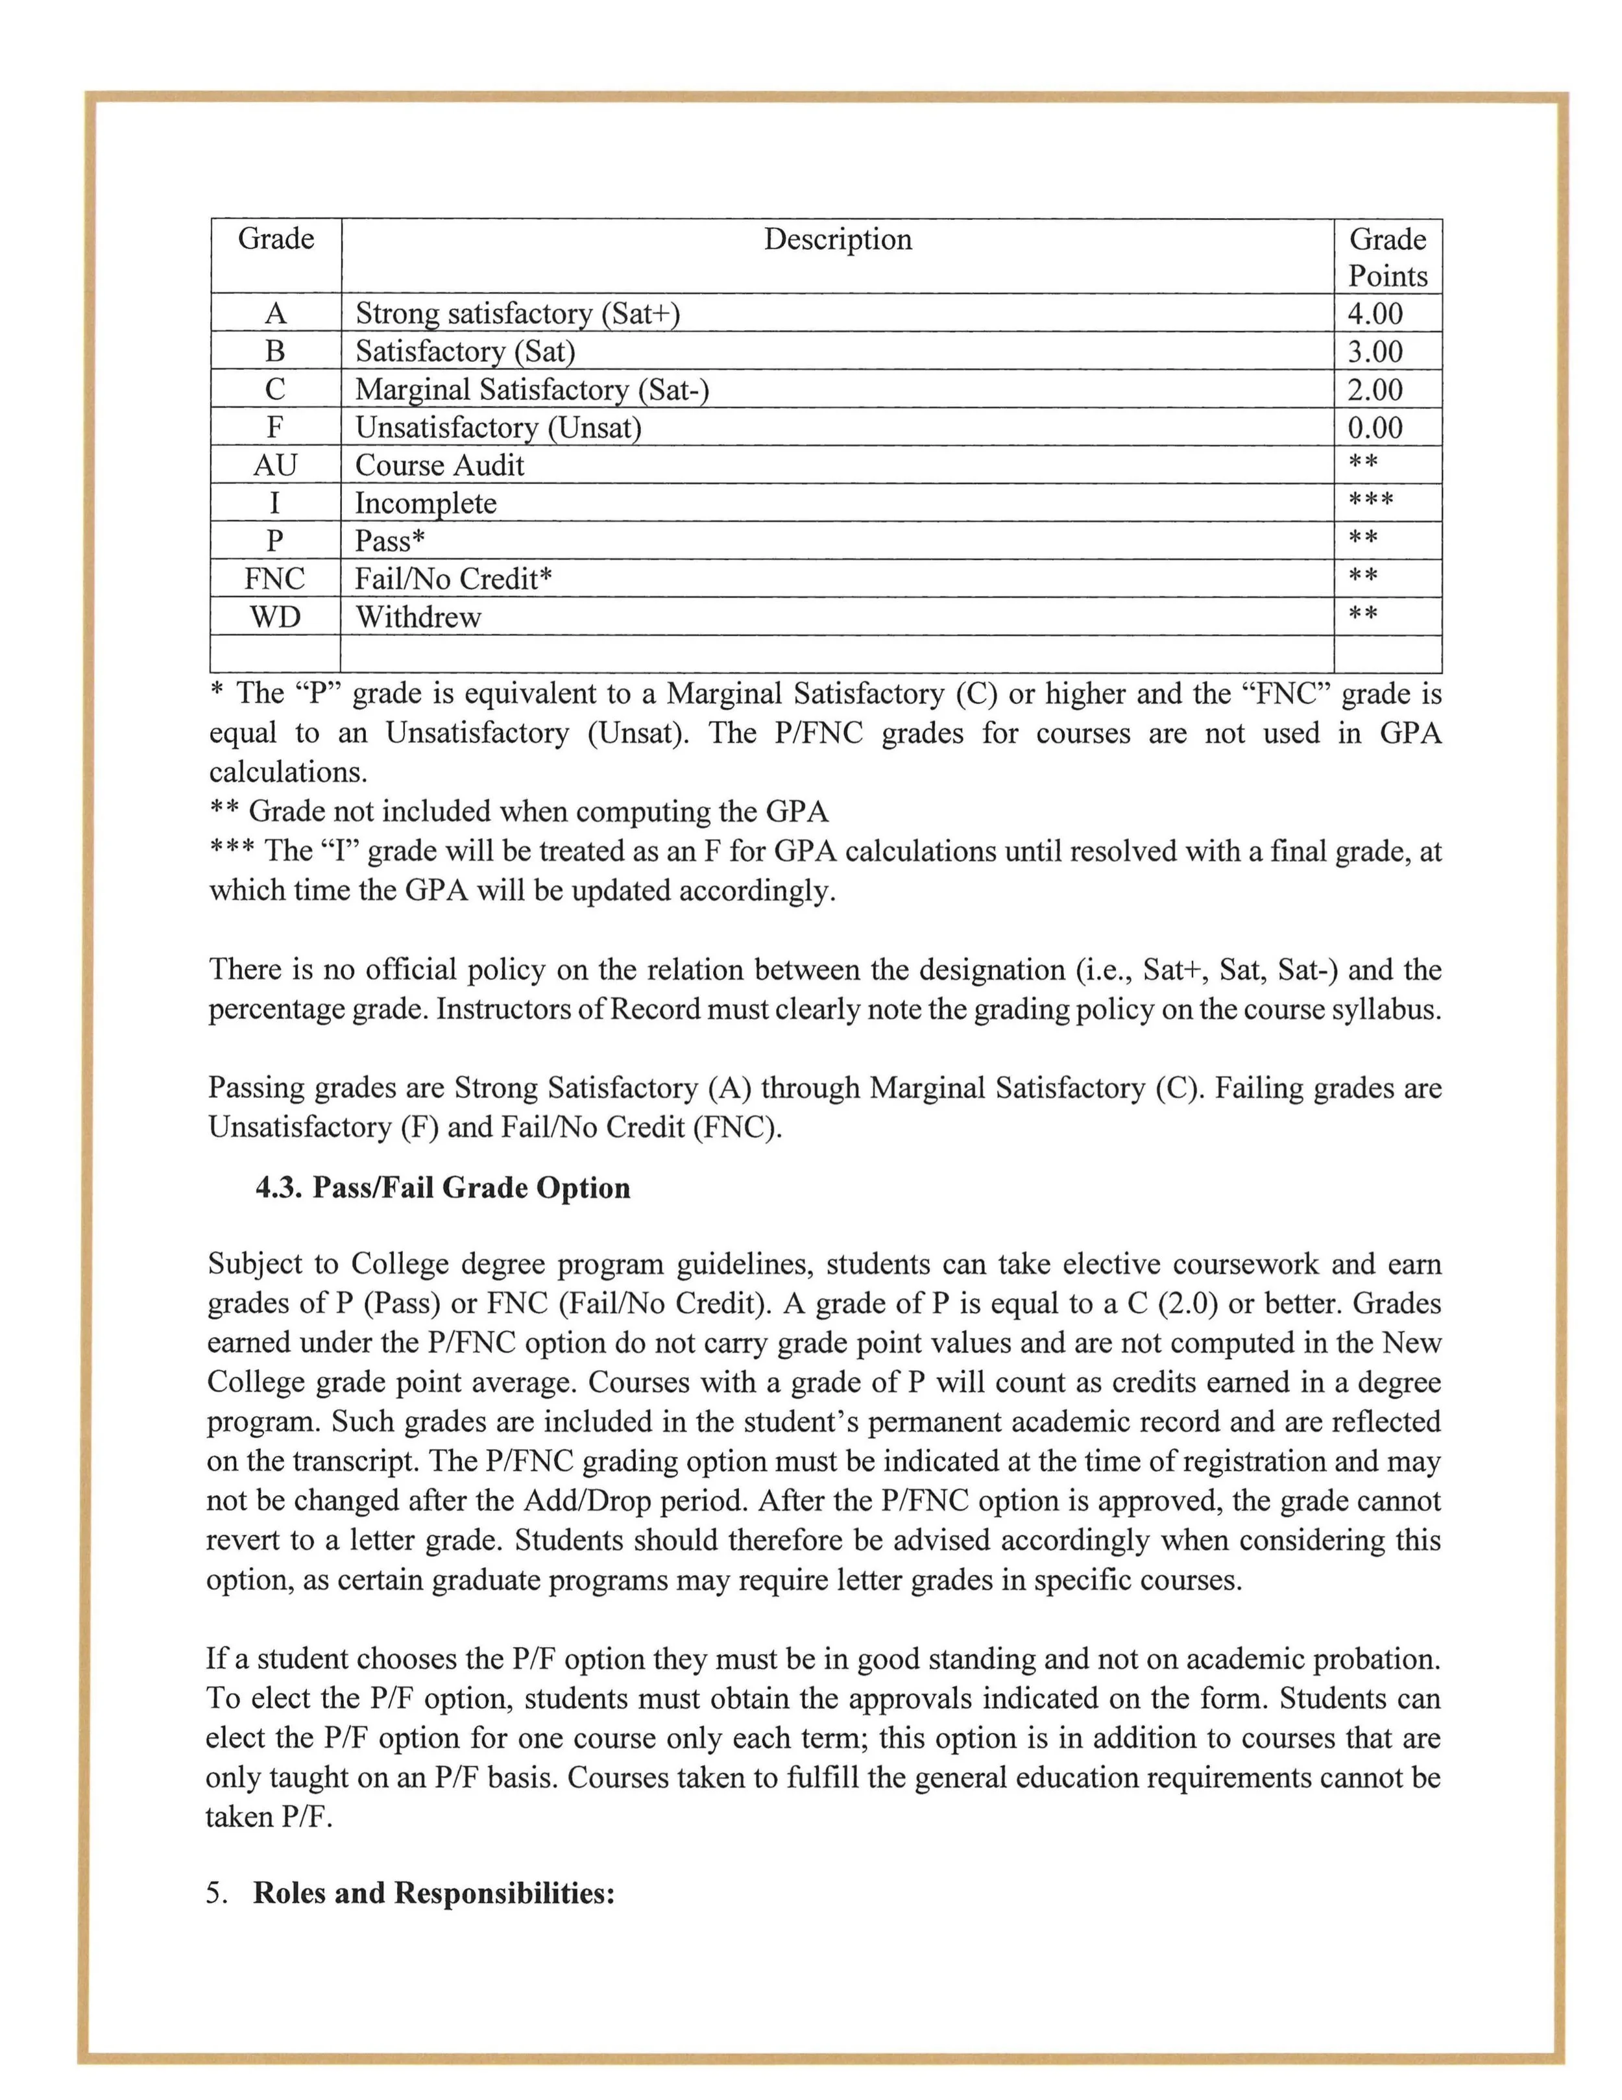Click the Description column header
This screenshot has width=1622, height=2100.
(838, 239)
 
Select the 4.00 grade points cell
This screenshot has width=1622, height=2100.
(1374, 313)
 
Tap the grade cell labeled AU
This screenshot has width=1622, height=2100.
(275, 465)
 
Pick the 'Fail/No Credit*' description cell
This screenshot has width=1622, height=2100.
(453, 579)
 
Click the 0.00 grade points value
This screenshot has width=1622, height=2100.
(1374, 427)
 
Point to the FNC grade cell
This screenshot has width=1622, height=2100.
(275, 579)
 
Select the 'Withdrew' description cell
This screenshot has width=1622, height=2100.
(418, 617)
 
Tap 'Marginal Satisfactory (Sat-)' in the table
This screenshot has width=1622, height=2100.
(532, 389)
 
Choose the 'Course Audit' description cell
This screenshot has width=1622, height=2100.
(439, 465)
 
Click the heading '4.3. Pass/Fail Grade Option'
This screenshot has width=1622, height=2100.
(442, 1188)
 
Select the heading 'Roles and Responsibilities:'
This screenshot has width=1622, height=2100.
(433, 1893)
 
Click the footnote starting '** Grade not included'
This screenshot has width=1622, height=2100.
(518, 812)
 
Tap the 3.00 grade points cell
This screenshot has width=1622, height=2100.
(1374, 352)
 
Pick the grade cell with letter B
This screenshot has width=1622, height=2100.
(275, 352)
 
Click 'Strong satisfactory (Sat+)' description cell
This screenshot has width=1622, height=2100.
(517, 313)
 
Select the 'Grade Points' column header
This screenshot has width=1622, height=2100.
(1386, 257)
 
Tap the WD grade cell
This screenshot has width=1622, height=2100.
(275, 617)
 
